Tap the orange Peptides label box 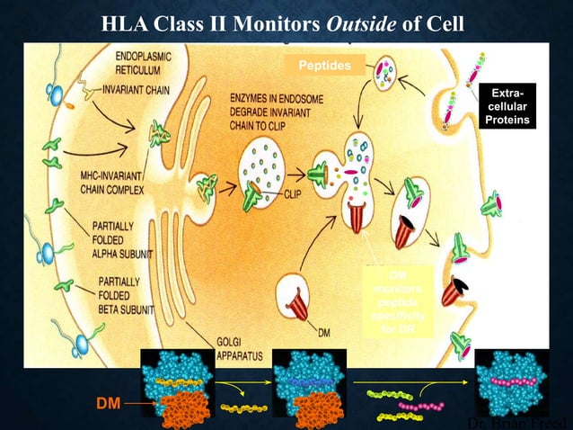pos(325,65)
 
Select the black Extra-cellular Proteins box pos(508,106)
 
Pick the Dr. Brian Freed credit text pos(520,422)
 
